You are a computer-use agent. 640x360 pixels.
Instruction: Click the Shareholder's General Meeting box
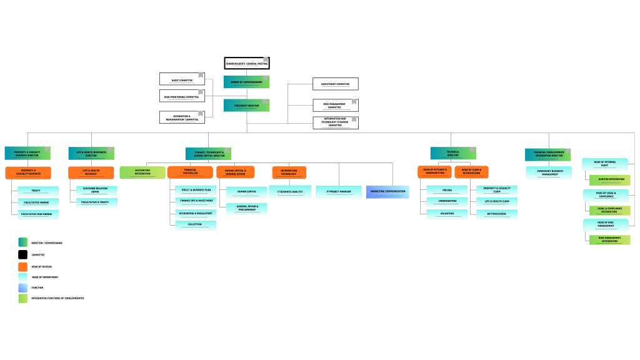point(246,63)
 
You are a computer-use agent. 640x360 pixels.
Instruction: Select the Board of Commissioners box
point(246,82)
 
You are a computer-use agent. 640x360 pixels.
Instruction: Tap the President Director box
point(246,105)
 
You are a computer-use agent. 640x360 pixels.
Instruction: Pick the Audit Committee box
point(182,79)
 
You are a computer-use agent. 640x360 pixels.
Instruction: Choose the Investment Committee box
point(335,84)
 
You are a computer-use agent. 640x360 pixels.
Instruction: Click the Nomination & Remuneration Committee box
point(182,117)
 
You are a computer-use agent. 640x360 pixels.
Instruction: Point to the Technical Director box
point(452,153)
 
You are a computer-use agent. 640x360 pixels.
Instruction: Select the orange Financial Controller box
point(190,172)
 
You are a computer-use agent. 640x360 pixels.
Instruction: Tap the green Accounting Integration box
point(142,172)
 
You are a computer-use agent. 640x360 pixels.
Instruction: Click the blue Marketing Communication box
point(387,191)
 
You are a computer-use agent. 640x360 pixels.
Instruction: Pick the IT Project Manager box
point(338,191)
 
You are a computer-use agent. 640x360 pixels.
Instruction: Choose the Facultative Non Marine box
point(38,214)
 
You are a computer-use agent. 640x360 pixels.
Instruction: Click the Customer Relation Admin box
point(96,190)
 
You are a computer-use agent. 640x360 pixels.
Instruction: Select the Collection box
point(196,225)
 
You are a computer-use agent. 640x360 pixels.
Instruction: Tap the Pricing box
point(447,190)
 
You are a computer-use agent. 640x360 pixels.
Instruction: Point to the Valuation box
point(447,214)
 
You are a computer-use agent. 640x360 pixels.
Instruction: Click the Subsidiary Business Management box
point(548,172)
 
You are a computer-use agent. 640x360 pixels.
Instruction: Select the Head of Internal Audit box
point(604,164)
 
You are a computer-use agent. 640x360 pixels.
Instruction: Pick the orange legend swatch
point(23,267)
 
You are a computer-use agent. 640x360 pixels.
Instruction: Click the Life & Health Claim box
point(497,202)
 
